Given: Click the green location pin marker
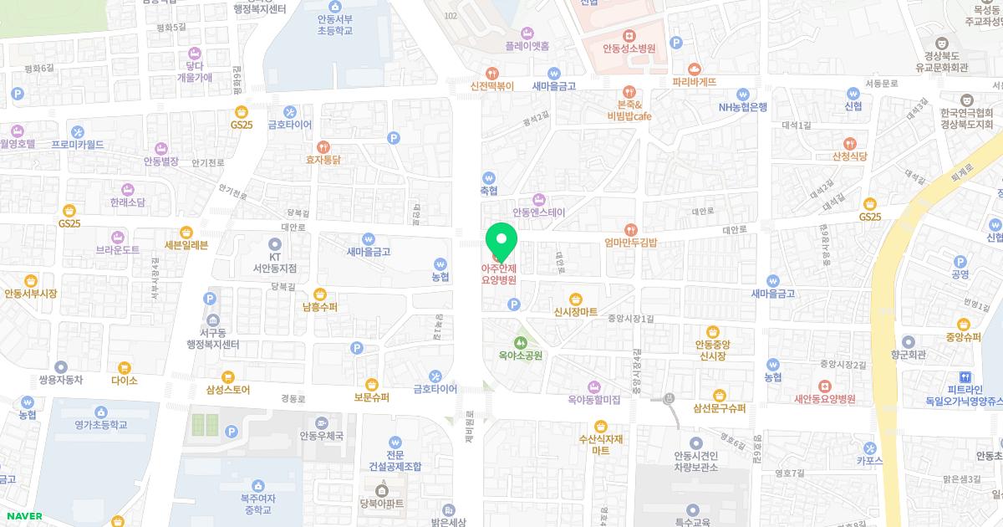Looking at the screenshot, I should (x=501, y=242).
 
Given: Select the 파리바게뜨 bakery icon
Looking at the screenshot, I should (x=694, y=69).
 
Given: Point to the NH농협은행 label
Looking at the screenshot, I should (x=742, y=106).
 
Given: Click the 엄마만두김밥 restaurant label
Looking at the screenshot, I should (x=631, y=243).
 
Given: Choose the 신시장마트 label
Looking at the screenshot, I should (x=575, y=312).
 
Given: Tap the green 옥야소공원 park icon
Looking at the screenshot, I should (x=520, y=342).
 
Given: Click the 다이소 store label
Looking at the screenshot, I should (x=124, y=380).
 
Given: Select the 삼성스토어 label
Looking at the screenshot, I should (x=226, y=390).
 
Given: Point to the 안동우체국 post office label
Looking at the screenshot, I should (x=322, y=436).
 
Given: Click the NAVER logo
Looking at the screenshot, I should (x=23, y=516).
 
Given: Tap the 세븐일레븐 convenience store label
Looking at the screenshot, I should (x=186, y=244).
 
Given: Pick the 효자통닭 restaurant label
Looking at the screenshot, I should (x=323, y=159).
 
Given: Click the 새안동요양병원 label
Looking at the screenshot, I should (x=824, y=399).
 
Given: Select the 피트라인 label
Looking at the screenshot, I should (x=965, y=390).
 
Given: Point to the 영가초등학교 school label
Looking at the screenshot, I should (x=100, y=425).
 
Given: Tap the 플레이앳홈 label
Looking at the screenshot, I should (x=527, y=46).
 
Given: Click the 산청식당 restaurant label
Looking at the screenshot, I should (x=849, y=156).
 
